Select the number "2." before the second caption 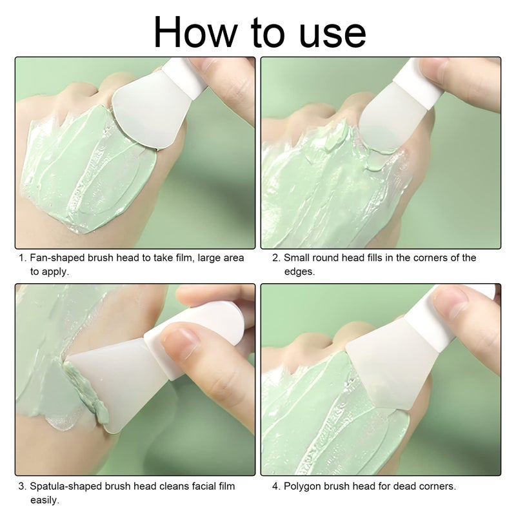pos(276,258)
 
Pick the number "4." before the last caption pos(276,486)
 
